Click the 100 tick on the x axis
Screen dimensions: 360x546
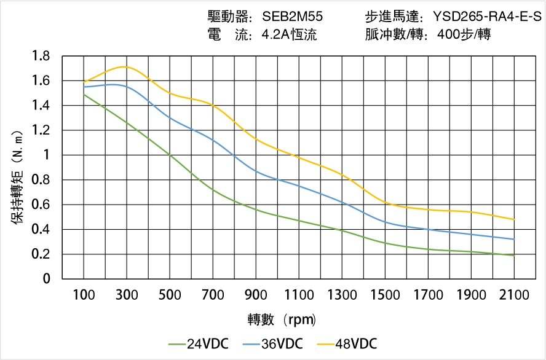[x=84, y=295]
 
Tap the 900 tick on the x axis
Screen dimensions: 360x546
[x=256, y=295]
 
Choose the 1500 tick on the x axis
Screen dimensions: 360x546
[x=385, y=295]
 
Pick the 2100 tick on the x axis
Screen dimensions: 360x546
[x=514, y=295]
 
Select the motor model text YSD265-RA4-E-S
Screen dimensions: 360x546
[x=486, y=16]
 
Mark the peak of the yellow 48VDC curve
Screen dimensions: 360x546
[x=125, y=66]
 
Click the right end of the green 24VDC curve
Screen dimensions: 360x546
[x=514, y=255]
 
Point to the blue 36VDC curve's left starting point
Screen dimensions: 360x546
[x=84, y=87]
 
